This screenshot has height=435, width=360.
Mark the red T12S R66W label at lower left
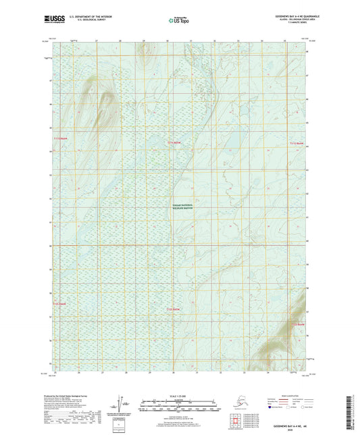point(61,303)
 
